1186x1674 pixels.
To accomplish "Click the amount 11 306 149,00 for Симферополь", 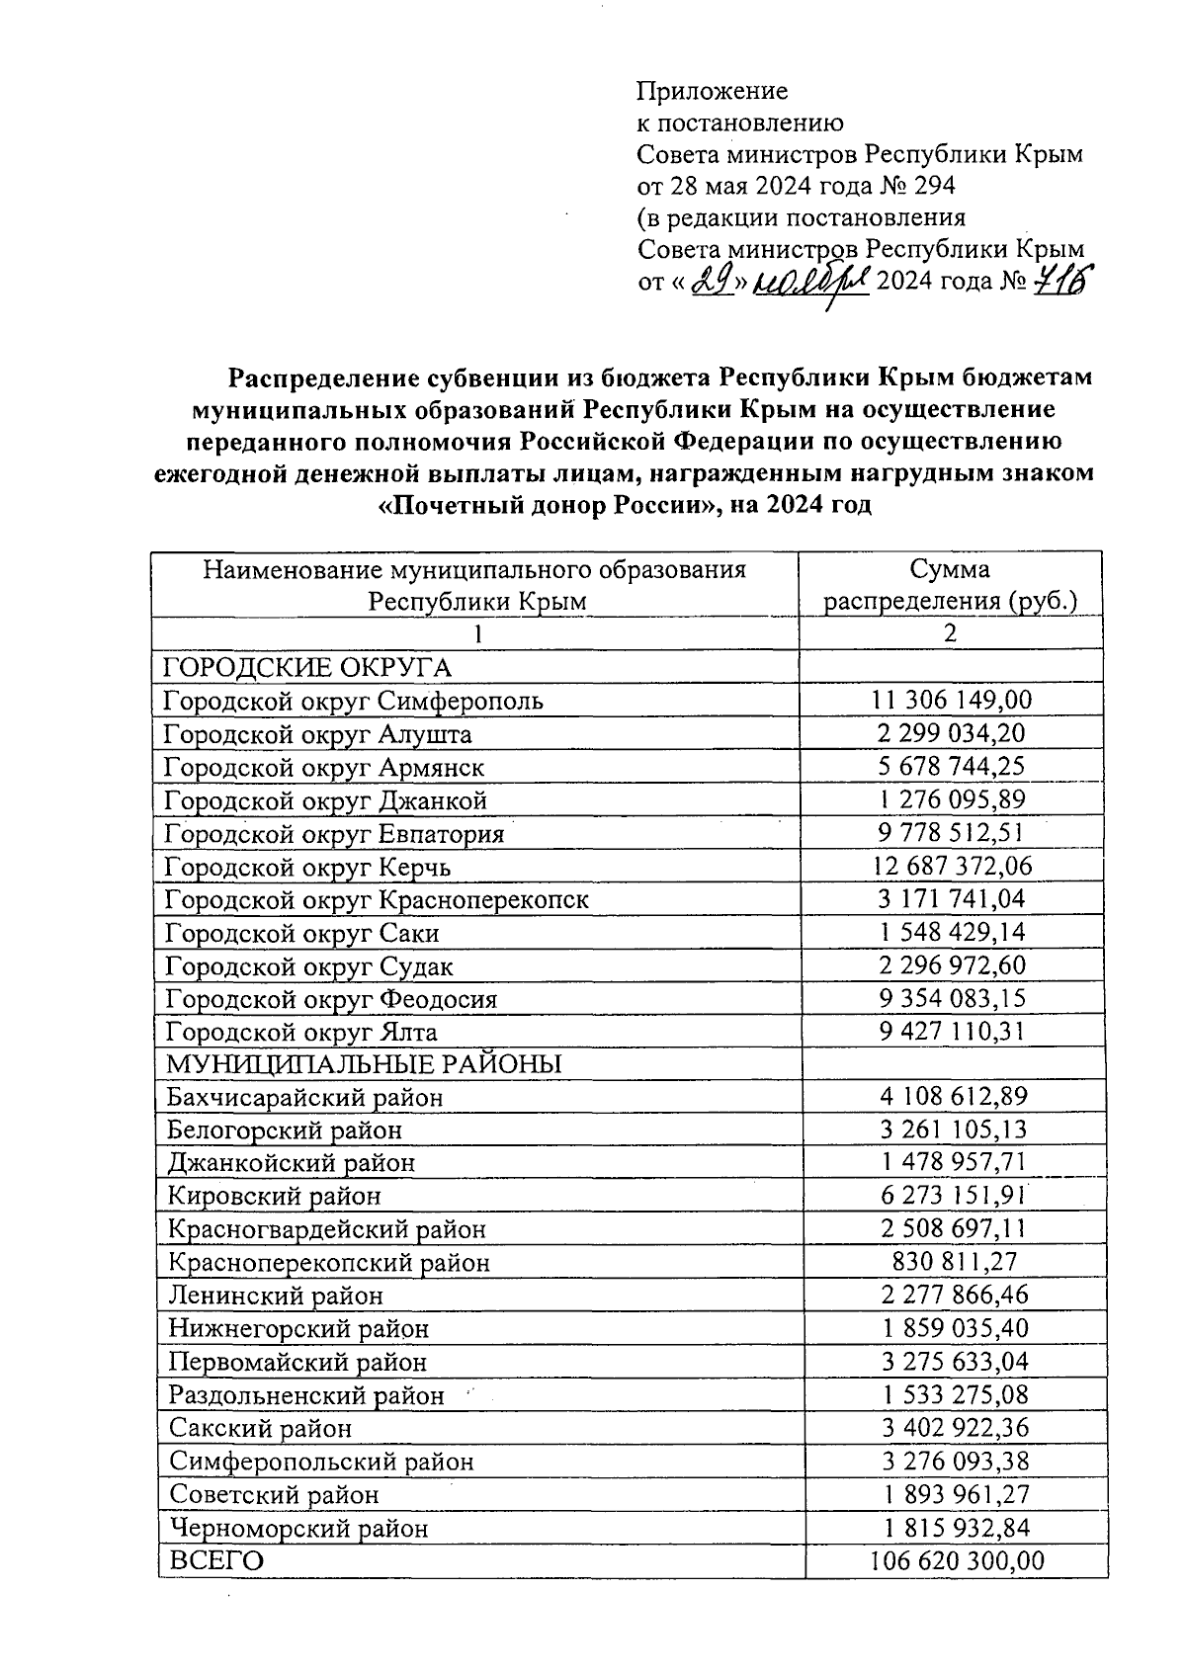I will point(951,701).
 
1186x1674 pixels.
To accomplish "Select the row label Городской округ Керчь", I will point(307,867).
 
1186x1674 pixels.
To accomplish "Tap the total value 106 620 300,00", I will point(956,1560).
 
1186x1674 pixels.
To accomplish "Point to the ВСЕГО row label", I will point(216,1561).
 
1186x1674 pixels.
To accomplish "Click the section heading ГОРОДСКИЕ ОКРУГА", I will point(306,668).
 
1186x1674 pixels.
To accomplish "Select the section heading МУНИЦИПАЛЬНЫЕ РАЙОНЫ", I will point(364,1064).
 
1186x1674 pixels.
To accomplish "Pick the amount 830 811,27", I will point(952,1261).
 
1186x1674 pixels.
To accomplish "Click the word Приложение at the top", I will point(712,92).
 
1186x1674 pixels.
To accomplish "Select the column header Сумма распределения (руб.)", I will point(950,585).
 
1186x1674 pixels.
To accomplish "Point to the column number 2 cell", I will point(950,633).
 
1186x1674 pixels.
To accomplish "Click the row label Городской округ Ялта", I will point(300,1032).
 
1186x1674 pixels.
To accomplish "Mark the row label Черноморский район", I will point(298,1528).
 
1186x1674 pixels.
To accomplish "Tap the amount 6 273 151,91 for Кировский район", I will point(952,1195).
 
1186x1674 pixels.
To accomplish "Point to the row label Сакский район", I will point(260,1428).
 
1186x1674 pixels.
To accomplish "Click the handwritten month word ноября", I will point(810,283).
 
